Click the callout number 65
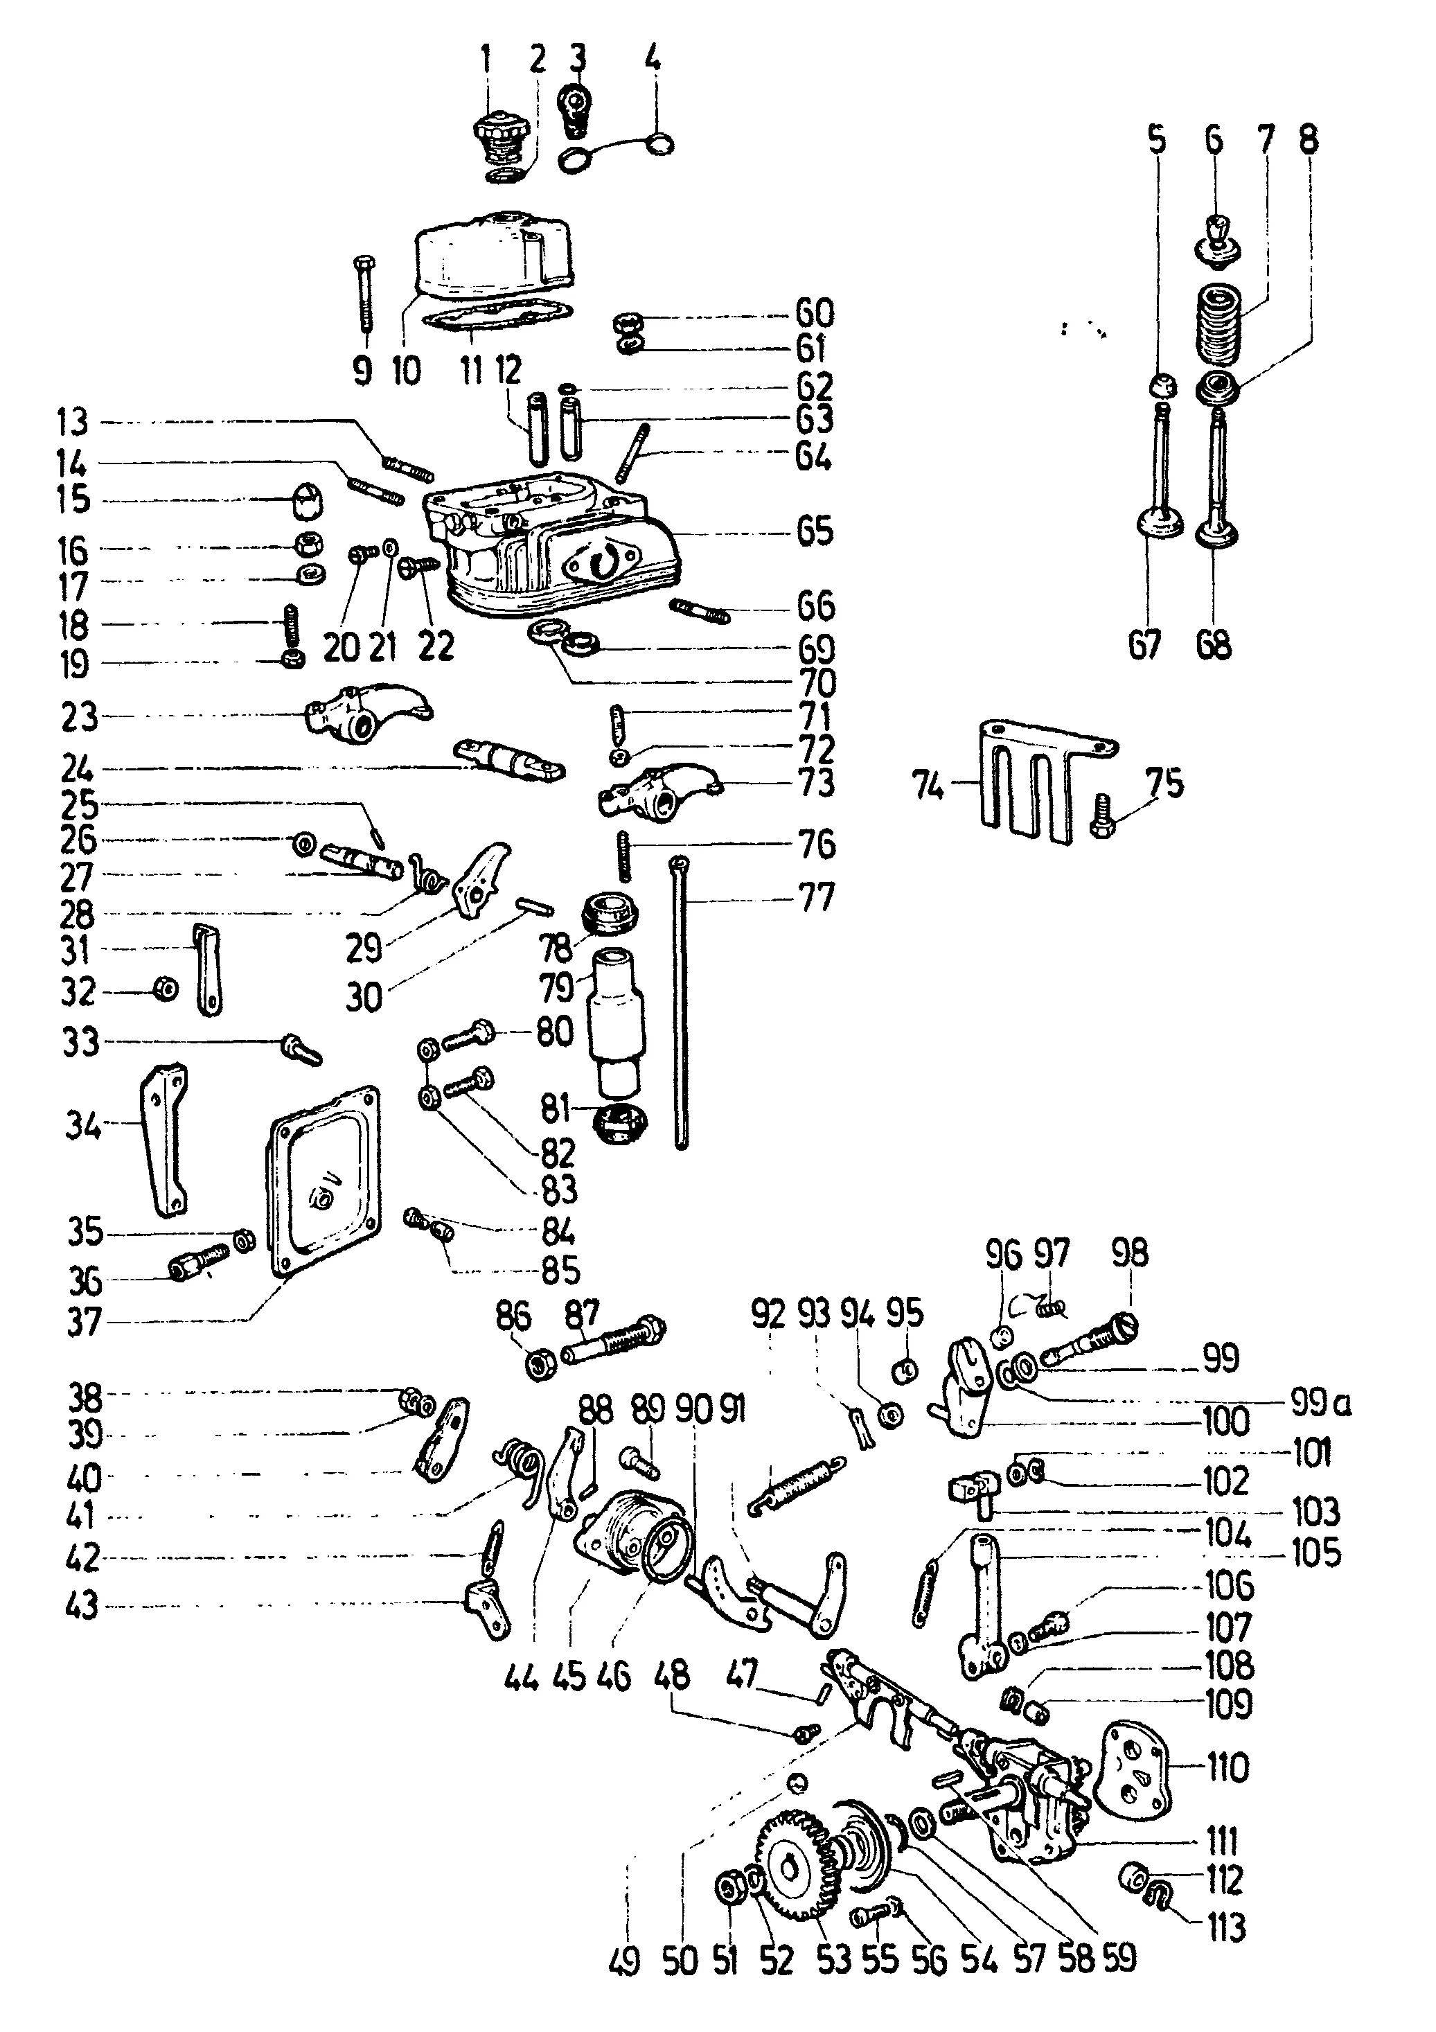[814, 532]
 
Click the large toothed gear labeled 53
[797, 1866]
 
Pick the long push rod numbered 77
[680, 1000]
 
